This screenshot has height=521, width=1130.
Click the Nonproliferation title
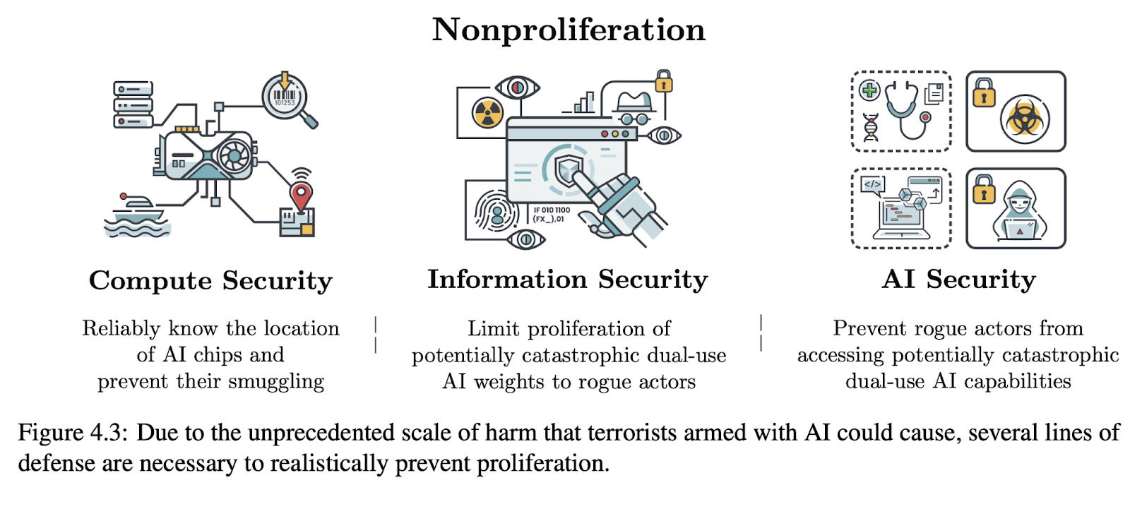point(569,30)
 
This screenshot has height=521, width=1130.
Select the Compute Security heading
point(210,281)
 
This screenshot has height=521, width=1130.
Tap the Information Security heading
point(567,280)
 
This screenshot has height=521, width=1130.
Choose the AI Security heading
point(958,280)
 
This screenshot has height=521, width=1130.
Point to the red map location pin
point(302,196)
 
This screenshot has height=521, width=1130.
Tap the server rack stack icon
point(133,104)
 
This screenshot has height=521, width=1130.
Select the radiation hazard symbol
point(488,113)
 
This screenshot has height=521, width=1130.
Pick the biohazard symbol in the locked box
point(1024,118)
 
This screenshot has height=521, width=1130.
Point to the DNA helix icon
point(871,128)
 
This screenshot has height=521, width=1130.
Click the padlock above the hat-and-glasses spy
point(663,82)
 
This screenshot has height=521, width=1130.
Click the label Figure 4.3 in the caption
point(69,432)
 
